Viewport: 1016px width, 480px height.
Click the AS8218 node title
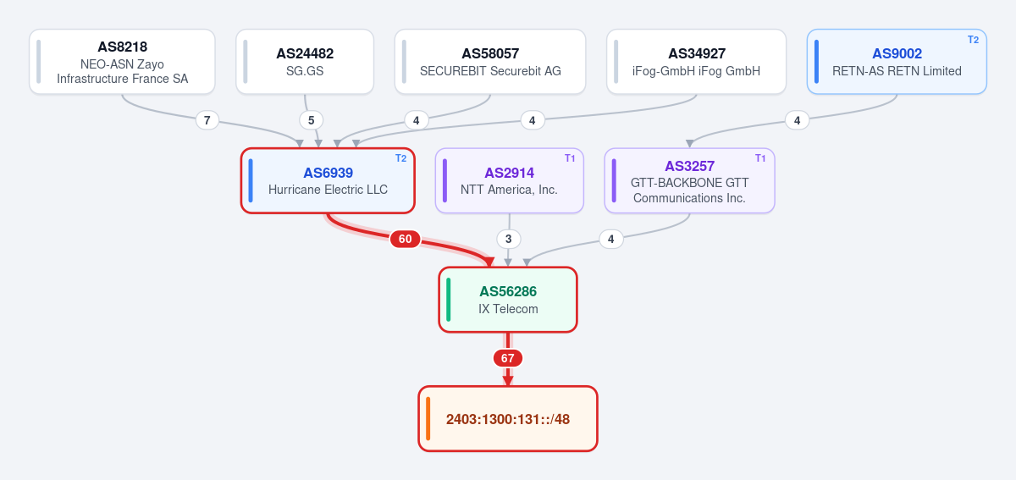pyautogui.click(x=123, y=47)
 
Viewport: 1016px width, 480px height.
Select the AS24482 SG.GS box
pyautogui.click(x=305, y=62)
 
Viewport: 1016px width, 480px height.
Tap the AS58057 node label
pyautogui.click(x=490, y=53)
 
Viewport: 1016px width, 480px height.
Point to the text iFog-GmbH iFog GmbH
pyautogui.click(x=696, y=71)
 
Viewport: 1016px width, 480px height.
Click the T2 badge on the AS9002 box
pyautogui.click(x=973, y=40)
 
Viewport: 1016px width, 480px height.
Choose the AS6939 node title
pyautogui.click(x=328, y=173)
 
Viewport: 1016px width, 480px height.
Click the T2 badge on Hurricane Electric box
pyautogui.click(x=400, y=158)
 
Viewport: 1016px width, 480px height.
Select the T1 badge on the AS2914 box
pyautogui.click(x=570, y=158)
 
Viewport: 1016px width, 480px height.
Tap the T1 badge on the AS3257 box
pyautogui.click(x=760, y=158)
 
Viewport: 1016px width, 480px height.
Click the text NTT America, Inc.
pyautogui.click(x=509, y=190)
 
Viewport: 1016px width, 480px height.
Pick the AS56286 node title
pyautogui.click(x=508, y=291)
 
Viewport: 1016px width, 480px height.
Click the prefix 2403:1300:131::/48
pyautogui.click(x=508, y=419)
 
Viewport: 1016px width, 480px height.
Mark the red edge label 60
pyautogui.click(x=405, y=239)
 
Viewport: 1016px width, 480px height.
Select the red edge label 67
pyautogui.click(x=507, y=358)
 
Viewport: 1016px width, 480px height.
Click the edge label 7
pyautogui.click(x=207, y=120)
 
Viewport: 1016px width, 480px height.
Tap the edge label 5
pyautogui.click(x=312, y=120)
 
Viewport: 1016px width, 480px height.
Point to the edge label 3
pyautogui.click(x=509, y=239)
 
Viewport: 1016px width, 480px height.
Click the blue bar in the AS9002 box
pyautogui.click(x=816, y=62)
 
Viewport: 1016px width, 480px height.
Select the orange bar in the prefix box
pyautogui.click(x=428, y=419)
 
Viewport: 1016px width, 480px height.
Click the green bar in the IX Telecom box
pyautogui.click(x=448, y=300)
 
